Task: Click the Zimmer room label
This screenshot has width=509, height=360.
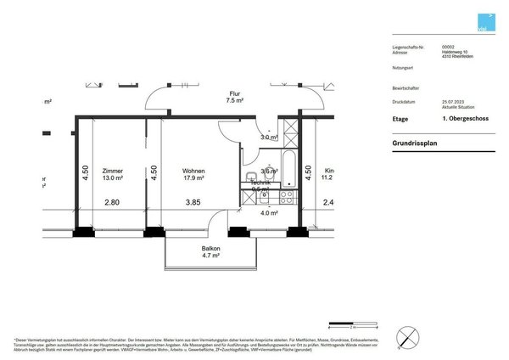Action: pyautogui.click(x=112, y=170)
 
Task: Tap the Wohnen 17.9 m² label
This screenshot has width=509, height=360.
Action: pyautogui.click(x=193, y=170)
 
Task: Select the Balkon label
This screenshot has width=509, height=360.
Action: pyautogui.click(x=211, y=248)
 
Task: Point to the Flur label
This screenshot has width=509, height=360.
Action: pyautogui.click(x=235, y=93)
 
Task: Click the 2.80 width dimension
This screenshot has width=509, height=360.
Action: pyautogui.click(x=112, y=202)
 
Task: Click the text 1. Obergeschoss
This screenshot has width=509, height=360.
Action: pyautogui.click(x=461, y=120)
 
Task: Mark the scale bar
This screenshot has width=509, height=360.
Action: pyautogui.click(x=353, y=323)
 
